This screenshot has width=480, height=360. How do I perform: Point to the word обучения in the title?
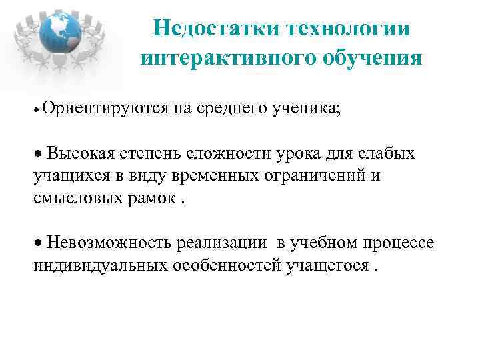(365, 58)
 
